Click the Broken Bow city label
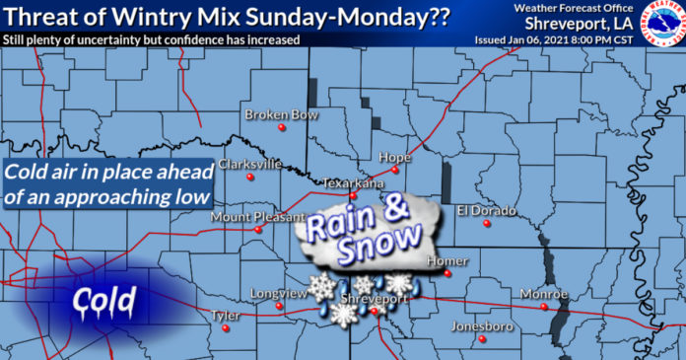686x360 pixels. (x=282, y=115)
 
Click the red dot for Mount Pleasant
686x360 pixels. (x=258, y=230)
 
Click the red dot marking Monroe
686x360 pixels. (x=544, y=307)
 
